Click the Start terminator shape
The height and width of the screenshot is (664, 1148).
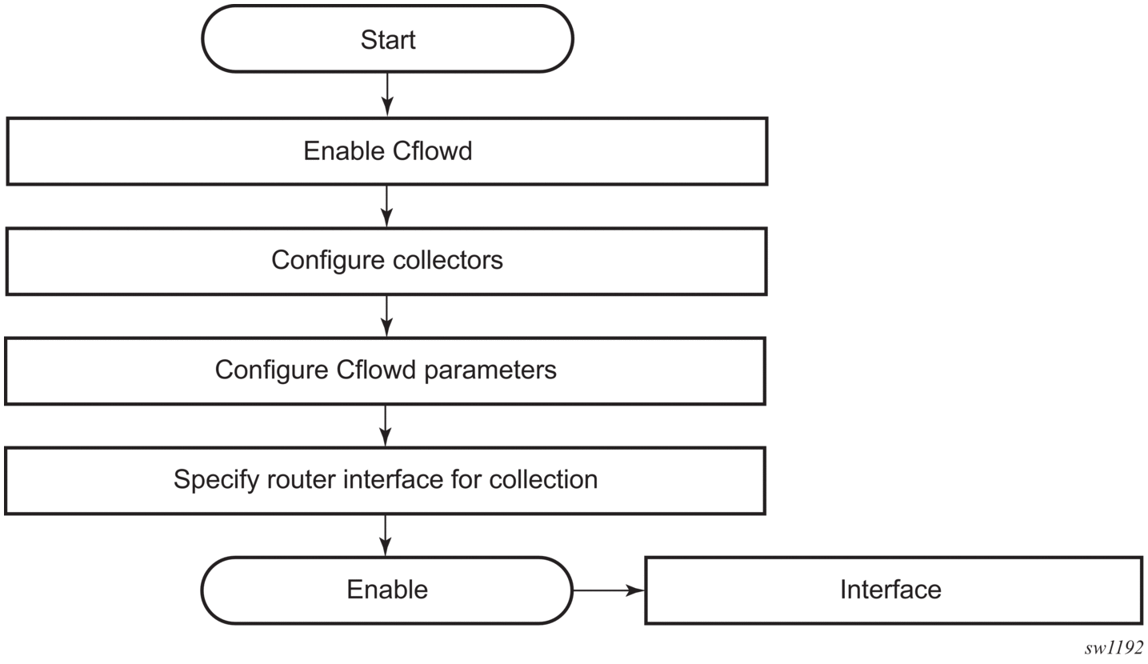pyautogui.click(x=387, y=39)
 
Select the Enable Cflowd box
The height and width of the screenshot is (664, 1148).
pyautogui.click(x=387, y=151)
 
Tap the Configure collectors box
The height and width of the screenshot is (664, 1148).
pyautogui.click(x=386, y=262)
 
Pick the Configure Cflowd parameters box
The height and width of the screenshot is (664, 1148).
pyautogui.click(x=386, y=371)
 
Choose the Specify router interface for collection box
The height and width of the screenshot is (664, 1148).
pyautogui.click(x=386, y=481)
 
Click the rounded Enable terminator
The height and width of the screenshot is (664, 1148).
pyautogui.click(x=387, y=590)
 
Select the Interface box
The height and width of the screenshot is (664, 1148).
pyautogui.click(x=894, y=590)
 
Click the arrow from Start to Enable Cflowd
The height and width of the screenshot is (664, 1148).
pyautogui.click(x=387, y=94)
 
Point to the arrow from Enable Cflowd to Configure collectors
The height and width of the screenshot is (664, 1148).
pyautogui.click(x=387, y=206)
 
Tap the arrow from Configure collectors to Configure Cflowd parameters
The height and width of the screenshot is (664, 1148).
pyautogui.click(x=386, y=316)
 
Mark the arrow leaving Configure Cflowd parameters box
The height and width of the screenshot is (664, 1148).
pyautogui.click(x=386, y=426)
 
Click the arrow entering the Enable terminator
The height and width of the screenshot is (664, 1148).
pyautogui.click(x=386, y=535)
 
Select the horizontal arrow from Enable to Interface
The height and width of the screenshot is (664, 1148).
pyautogui.click(x=609, y=590)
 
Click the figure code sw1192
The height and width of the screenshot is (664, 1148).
pyautogui.click(x=1114, y=648)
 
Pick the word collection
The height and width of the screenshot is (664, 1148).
pyautogui.click(x=543, y=479)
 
